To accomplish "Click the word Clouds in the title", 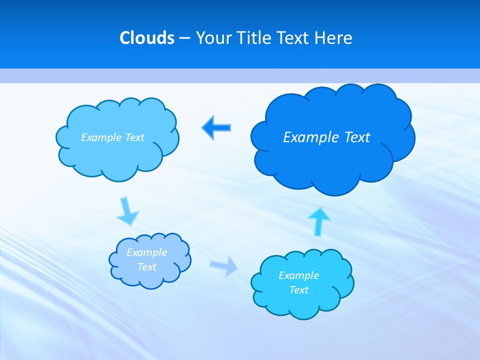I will click(x=147, y=37).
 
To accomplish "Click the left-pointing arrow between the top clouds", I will click(x=216, y=127).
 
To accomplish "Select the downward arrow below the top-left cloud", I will click(x=127, y=211).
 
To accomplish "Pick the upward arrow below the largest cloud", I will click(x=318, y=221).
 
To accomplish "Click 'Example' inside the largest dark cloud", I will click(x=306, y=137).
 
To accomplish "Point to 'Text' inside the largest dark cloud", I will click(x=356, y=137).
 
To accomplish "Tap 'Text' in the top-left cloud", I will click(x=134, y=137).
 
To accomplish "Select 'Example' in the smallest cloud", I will click(x=146, y=252).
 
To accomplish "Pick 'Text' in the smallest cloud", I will click(x=146, y=267).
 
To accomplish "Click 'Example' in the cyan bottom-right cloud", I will click(x=298, y=275).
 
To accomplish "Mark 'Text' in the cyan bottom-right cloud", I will click(x=298, y=290).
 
